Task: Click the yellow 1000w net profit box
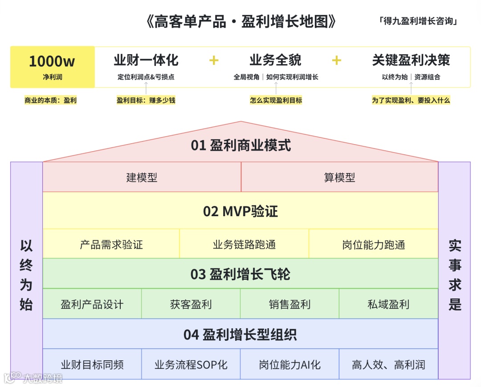coord(52,67)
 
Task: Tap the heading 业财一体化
coord(146,60)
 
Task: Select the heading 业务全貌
coord(276,60)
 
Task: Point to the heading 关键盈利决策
coord(411,60)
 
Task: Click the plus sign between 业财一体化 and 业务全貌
coord(214,60)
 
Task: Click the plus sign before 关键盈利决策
coord(337,60)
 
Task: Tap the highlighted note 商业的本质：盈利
coord(50,101)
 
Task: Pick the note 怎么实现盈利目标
coord(276,101)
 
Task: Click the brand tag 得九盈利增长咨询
coord(418,21)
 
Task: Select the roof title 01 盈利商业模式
coord(240,145)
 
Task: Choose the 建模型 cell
coord(142,177)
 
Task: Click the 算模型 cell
coord(339,177)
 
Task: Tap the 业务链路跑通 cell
coord(244,244)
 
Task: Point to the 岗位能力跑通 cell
coord(373,244)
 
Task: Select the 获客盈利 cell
coord(191,304)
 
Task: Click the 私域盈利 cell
coord(388,304)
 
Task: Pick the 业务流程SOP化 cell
coord(191,365)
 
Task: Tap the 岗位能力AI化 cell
coord(289,365)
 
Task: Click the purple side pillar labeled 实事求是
coord(454,270)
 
